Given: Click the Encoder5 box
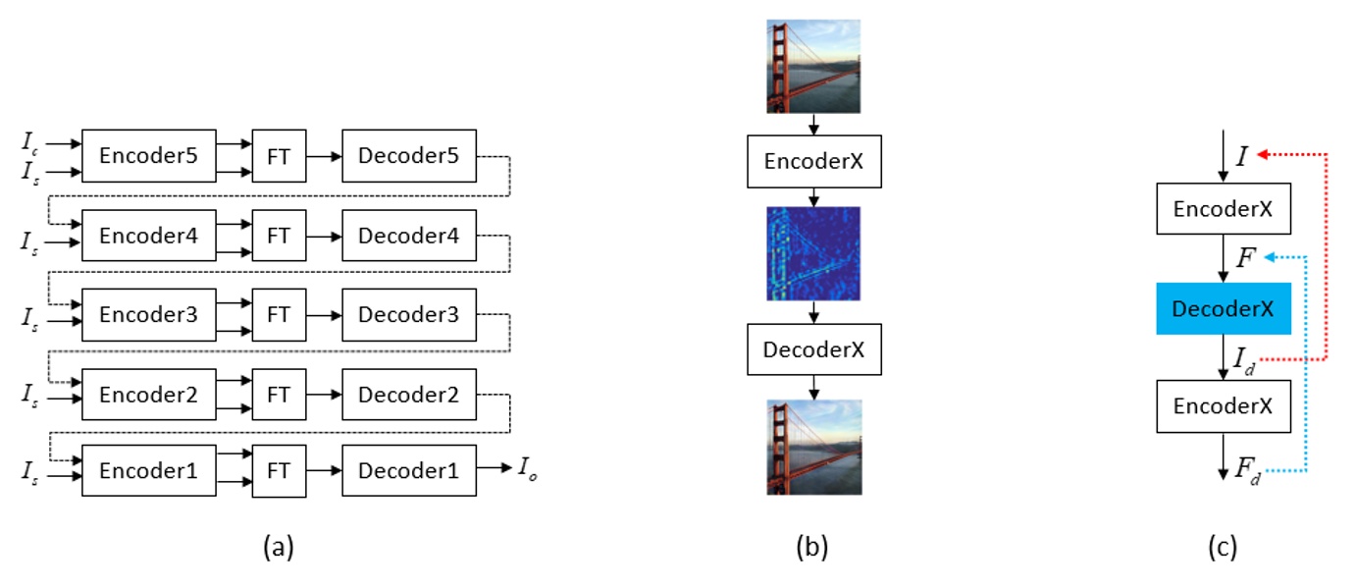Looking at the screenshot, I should tap(148, 155).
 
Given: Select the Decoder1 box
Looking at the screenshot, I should tap(408, 471).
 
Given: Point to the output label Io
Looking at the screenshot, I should tap(527, 469).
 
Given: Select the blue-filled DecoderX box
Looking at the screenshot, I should tap(1223, 308).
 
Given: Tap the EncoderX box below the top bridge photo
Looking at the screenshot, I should tap(813, 162).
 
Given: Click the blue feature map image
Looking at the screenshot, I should tap(813, 253).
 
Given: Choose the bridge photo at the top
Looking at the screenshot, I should tap(813, 66).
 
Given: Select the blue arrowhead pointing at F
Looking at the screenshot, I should tap(1268, 257).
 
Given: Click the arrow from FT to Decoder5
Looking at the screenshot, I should tap(324, 155).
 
